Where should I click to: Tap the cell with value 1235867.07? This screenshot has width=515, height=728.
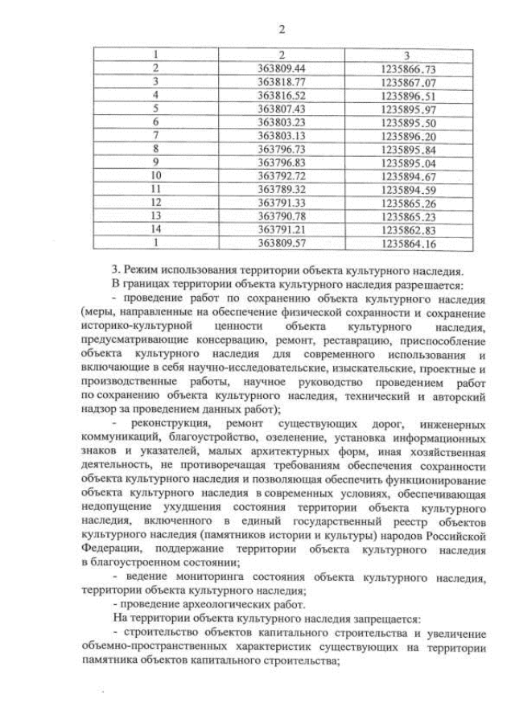click(408, 82)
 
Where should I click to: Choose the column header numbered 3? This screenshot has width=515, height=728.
click(408, 56)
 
